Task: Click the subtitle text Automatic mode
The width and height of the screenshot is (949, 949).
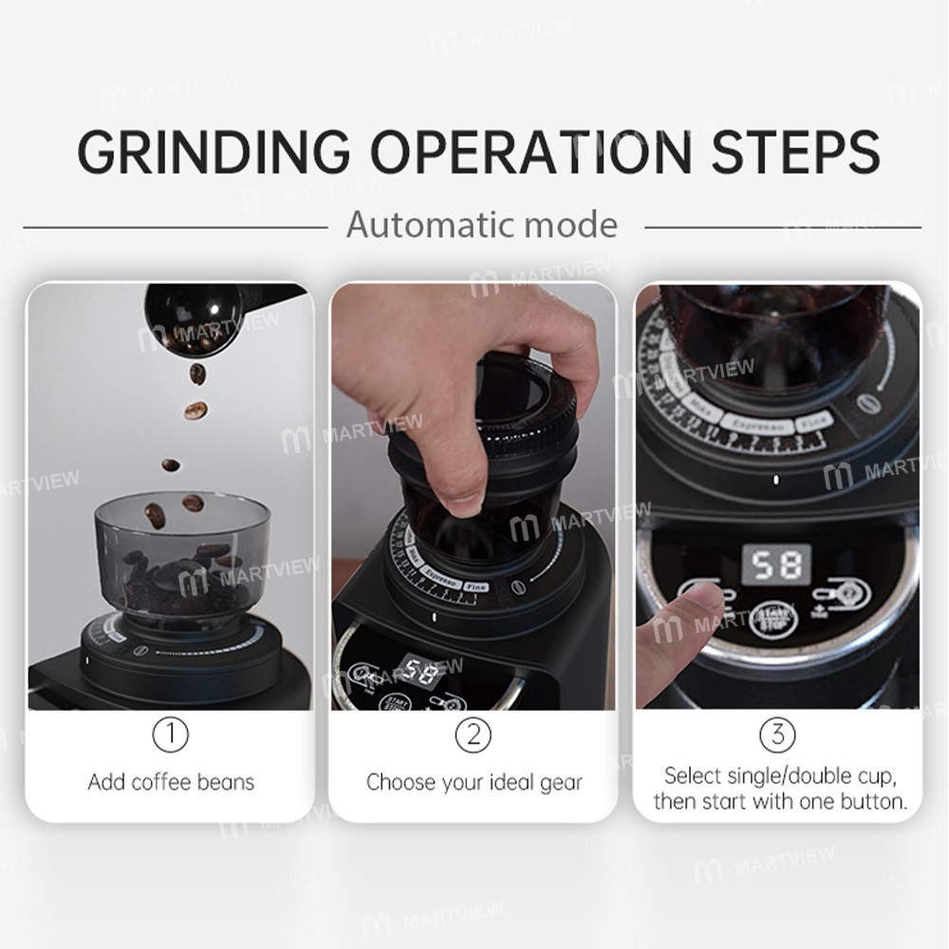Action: (481, 225)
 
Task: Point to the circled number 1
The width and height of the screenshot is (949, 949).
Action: (171, 734)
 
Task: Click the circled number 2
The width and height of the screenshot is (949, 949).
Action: (474, 734)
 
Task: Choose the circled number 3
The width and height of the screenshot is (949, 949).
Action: (777, 734)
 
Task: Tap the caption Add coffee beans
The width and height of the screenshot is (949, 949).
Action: (171, 783)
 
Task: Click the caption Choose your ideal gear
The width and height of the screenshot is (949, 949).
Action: (474, 783)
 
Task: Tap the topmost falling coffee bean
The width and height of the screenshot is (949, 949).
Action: (197, 373)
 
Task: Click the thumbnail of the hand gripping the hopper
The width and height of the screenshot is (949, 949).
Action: (474, 399)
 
